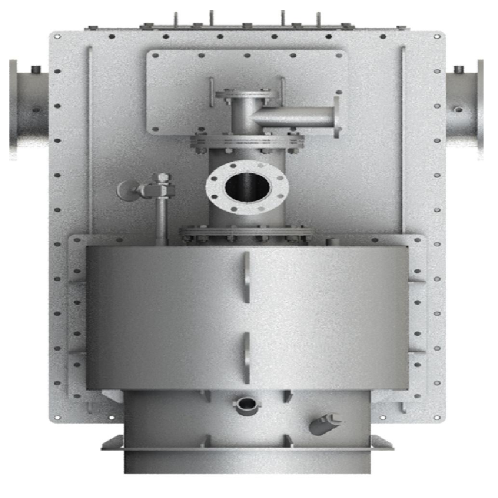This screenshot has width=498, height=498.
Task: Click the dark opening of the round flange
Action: tap(248, 186)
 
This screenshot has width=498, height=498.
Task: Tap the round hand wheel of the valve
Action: tap(126, 190)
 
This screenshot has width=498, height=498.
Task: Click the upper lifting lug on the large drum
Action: tap(247, 277)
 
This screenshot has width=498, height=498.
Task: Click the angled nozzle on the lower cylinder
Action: tap(324, 423)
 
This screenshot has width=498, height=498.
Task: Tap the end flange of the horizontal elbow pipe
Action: tap(337, 117)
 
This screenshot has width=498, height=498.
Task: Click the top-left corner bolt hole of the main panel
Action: tap(57, 37)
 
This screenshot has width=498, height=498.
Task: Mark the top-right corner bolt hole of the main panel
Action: tap(437, 37)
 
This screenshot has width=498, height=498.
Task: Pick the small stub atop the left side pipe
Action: tap(35, 69)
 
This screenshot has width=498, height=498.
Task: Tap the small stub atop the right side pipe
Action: tap(460, 69)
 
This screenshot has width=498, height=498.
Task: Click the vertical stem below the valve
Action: tap(161, 219)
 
